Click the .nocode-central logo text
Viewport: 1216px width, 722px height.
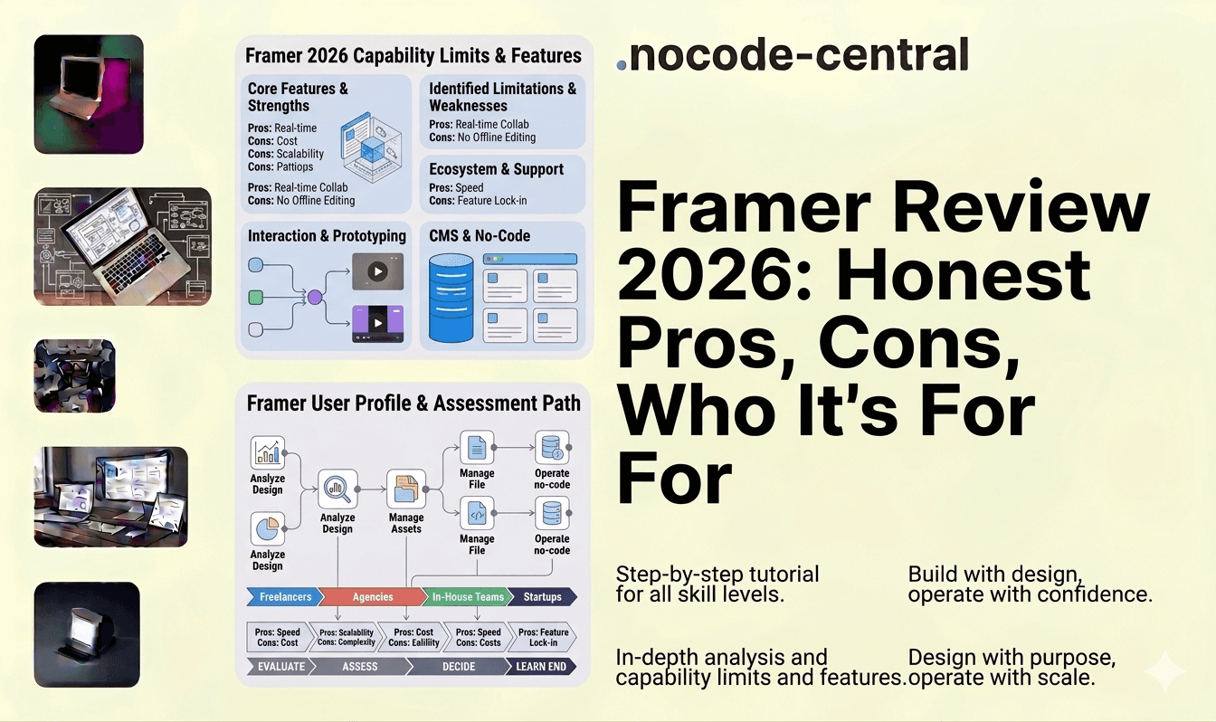(793, 56)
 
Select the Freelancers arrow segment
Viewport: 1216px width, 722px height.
(283, 597)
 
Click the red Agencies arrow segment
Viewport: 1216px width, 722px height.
(372, 597)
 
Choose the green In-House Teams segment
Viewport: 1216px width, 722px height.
(466, 597)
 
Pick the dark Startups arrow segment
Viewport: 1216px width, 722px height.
(541, 597)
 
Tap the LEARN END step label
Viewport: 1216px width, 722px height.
(540, 667)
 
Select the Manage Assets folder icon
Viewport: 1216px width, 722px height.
(405, 489)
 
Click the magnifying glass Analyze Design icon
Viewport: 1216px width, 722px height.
(337, 489)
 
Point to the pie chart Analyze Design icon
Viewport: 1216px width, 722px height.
(267, 529)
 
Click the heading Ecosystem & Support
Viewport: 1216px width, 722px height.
(496, 169)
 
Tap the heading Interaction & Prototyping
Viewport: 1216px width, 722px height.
(327, 236)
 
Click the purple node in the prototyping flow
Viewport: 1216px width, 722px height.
(314, 297)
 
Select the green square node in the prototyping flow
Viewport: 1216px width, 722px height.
(255, 297)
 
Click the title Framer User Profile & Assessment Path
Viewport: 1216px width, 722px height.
(413, 403)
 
